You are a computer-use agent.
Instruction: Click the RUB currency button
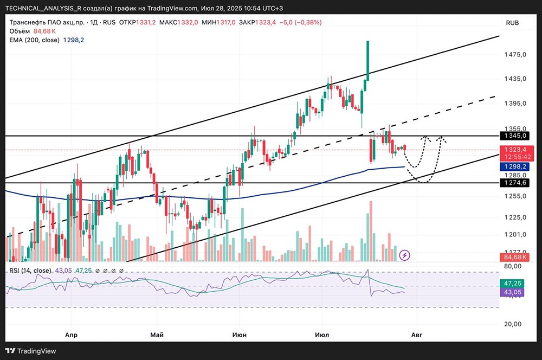pyautogui.click(x=512, y=23)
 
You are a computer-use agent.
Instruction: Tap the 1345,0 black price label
pyautogui.click(x=515, y=136)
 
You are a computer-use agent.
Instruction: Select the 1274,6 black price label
pyautogui.click(x=515, y=183)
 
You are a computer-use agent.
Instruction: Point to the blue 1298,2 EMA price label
pyautogui.click(x=515, y=166)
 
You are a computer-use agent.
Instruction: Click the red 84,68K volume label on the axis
pyautogui.click(x=515, y=257)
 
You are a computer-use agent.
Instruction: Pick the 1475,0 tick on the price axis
pyautogui.click(x=515, y=54)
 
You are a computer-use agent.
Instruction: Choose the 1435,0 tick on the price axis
pyautogui.click(x=515, y=79)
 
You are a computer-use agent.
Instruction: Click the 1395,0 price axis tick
pyautogui.click(x=515, y=104)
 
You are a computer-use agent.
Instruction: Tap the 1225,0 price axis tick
pyautogui.click(x=515, y=217)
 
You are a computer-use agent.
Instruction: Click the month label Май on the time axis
pyautogui.click(x=157, y=335)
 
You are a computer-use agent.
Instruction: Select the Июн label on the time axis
pyautogui.click(x=240, y=335)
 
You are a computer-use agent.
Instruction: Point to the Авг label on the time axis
pyautogui.click(x=416, y=335)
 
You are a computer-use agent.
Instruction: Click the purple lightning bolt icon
pyautogui.click(x=404, y=255)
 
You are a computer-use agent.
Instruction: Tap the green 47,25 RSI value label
pyautogui.click(x=512, y=284)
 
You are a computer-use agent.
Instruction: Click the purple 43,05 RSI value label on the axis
pyautogui.click(x=512, y=292)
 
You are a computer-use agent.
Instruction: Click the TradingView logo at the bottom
pyautogui.click(x=31, y=351)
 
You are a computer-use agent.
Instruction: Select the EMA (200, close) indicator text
pyautogui.click(x=35, y=40)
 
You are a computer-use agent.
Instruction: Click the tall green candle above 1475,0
pyautogui.click(x=368, y=61)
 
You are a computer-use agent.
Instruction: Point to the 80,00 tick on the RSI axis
pyautogui.click(x=513, y=266)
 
